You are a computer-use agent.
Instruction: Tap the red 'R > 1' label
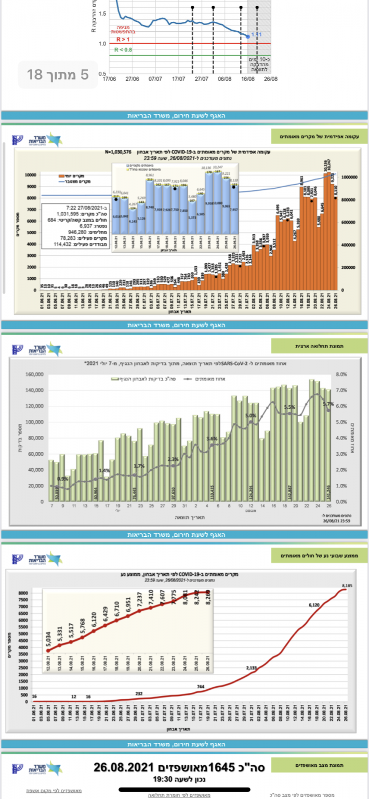[123, 39]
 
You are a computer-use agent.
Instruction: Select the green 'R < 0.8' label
[124, 50]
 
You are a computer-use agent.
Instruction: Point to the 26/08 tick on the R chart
[271, 80]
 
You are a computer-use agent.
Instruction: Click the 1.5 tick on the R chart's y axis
[102, 14]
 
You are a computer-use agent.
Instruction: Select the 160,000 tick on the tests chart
[34, 374]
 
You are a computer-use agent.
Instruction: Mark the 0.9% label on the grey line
[62, 479]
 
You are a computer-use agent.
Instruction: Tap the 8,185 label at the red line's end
[348, 587]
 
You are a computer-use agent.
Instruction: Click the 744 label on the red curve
[201, 687]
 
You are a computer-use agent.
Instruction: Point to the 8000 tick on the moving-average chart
[23, 593]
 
